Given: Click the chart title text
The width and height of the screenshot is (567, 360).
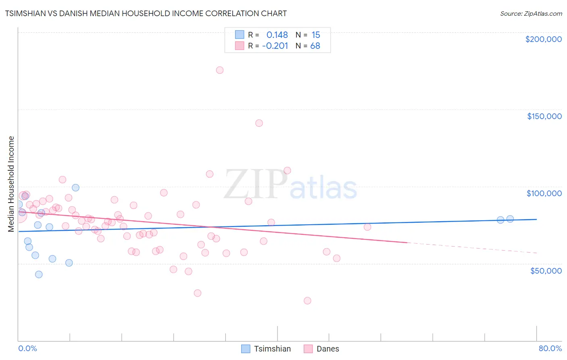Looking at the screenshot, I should pos(146,13).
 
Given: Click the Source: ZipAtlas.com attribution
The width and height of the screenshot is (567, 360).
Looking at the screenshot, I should pos(531,14).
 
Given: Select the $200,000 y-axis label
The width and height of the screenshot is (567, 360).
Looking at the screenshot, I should pos(543,39).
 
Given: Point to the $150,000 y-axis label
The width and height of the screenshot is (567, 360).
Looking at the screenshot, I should pos(544,116).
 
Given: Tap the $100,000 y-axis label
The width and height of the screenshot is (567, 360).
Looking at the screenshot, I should pos(544,193).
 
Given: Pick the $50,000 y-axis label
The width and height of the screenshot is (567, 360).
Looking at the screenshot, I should pos(546,270).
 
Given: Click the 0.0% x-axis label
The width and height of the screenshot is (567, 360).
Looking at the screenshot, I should pos(27,348).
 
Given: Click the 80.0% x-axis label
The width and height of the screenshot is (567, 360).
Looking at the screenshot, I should pos(550,348).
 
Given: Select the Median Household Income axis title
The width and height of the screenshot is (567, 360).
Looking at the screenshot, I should pos(11,184).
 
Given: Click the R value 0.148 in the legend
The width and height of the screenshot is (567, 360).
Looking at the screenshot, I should pos(277,35).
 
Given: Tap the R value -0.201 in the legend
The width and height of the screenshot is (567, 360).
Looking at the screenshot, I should pos(275,46).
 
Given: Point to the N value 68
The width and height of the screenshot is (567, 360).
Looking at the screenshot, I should pos(315,46).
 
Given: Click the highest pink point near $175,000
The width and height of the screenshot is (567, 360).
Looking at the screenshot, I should pos(219,70).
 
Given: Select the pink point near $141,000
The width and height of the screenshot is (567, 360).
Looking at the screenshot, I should pos(259,123).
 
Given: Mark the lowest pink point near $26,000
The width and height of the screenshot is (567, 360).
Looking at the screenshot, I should pos(307,301).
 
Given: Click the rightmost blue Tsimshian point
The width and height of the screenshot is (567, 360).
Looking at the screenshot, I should pos(510,219).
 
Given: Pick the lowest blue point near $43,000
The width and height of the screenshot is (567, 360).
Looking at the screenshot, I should pos(39,274).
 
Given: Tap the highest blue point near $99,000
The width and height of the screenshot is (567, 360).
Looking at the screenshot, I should pos(75,188).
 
